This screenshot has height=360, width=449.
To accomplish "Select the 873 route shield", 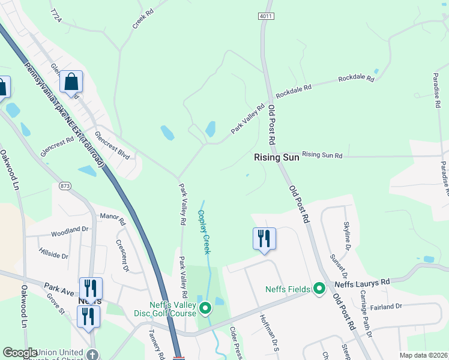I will click(x=65, y=187).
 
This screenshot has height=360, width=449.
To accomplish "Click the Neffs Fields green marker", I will click(x=320, y=289).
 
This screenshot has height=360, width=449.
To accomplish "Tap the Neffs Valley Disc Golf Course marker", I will click(x=205, y=309).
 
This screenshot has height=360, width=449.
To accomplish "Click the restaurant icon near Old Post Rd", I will click(x=265, y=238).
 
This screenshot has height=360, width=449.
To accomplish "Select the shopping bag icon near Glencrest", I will click(x=71, y=83).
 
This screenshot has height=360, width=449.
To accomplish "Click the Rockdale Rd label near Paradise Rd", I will click(x=356, y=79).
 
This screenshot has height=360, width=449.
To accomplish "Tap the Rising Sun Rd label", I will click(x=322, y=155).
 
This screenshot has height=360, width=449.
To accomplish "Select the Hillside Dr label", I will click(x=53, y=253).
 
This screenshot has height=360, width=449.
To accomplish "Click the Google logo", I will click(x=20, y=353).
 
